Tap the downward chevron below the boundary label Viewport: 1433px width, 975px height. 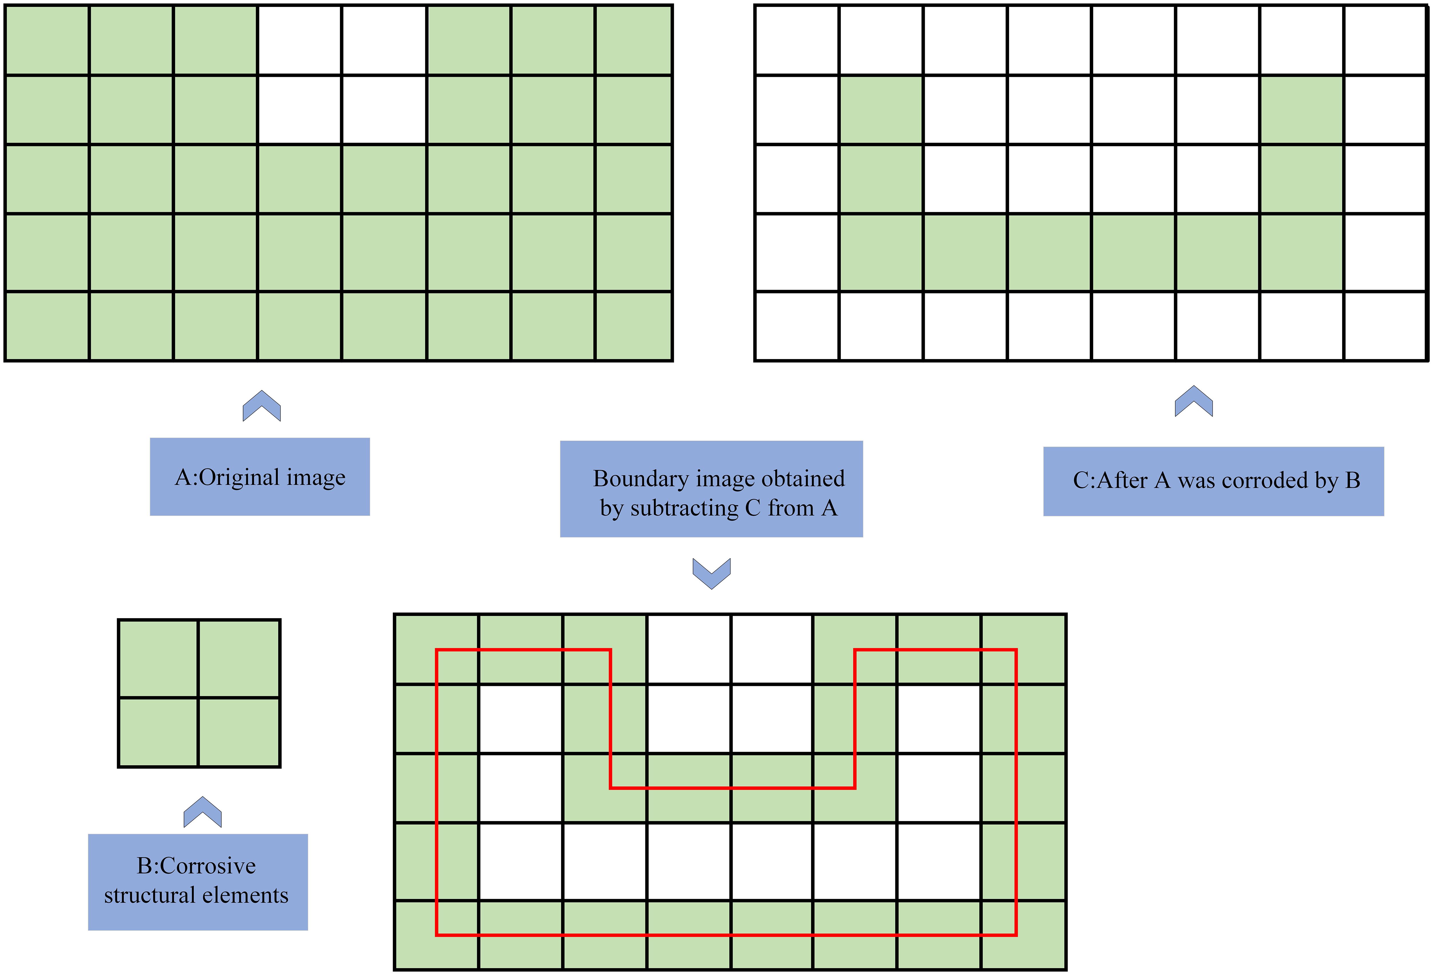[712, 573]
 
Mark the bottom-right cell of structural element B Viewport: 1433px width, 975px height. [239, 732]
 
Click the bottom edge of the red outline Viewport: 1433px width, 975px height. [726, 935]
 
